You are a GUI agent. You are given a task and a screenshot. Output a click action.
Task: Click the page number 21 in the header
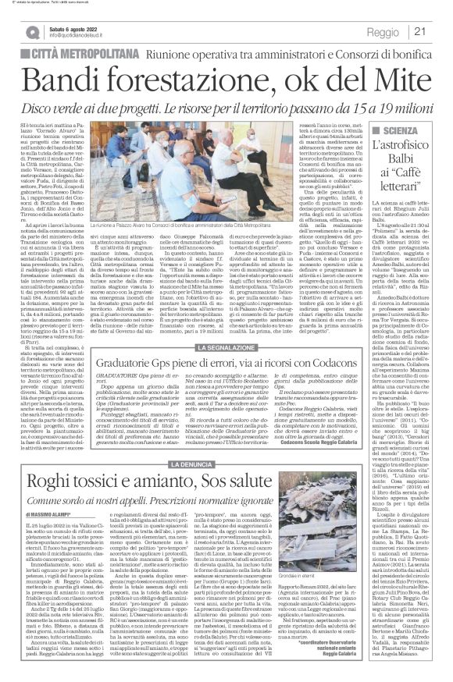coord(439,30)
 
